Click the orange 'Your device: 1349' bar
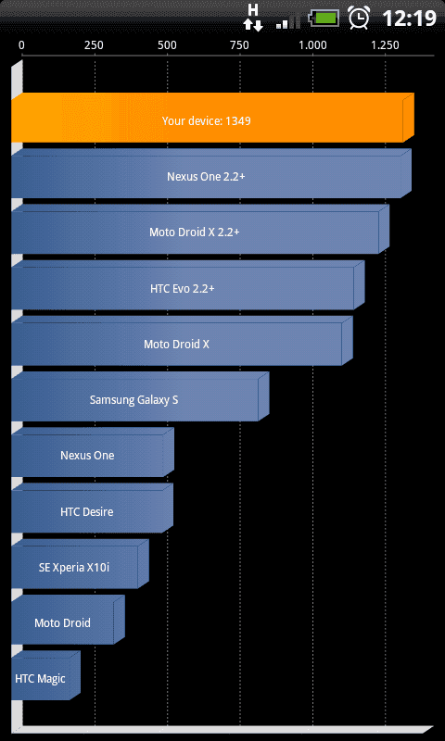[212, 118]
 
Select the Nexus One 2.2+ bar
[211, 173]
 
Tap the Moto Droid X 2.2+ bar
[200, 229]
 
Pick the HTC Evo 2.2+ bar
[188, 285]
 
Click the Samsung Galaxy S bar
[140, 396]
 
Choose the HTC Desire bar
[92, 508]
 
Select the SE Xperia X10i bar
[80, 564]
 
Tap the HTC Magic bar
[45, 675]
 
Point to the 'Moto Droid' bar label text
[62, 622]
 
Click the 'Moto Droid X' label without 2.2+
[176, 344]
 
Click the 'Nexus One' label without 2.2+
[87, 456]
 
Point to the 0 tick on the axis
[21, 44]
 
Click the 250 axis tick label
[94, 44]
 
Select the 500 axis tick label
[167, 44]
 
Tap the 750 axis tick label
[239, 44]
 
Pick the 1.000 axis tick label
[312, 44]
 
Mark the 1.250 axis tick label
[385, 44]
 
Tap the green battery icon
[324, 19]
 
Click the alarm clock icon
[359, 18]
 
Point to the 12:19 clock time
[409, 19]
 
